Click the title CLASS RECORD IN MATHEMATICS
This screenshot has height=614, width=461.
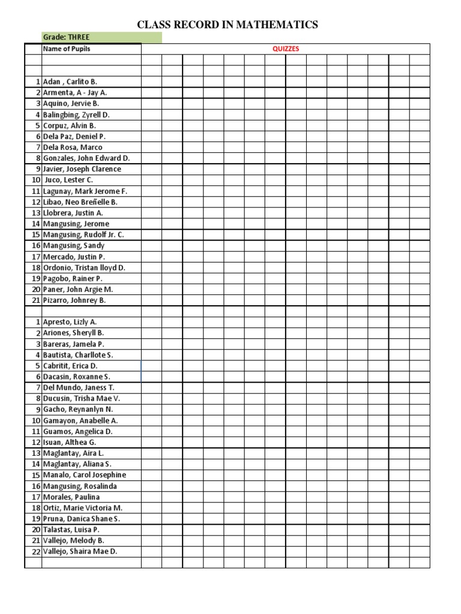tap(227, 25)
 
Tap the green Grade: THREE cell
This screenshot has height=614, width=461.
tap(101, 37)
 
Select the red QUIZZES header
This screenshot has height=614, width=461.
tap(286, 49)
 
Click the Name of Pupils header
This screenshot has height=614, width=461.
tap(67, 49)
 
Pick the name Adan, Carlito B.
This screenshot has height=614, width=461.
tap(70, 82)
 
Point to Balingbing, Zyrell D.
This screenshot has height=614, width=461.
tap(76, 115)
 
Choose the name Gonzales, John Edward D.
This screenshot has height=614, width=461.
tap(86, 158)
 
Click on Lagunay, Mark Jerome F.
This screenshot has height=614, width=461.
tap(85, 191)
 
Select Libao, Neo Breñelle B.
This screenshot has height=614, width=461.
tap(80, 202)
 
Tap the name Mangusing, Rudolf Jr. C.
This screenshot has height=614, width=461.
tap(83, 235)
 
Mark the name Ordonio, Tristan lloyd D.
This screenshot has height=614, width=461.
tap(84, 268)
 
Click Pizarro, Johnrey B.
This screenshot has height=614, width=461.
tap(74, 300)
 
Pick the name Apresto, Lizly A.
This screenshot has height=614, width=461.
tap(70, 322)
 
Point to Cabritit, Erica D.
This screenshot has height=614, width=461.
tap(70, 366)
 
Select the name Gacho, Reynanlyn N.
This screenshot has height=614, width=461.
tap(77, 410)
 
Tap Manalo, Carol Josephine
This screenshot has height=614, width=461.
tap(85, 475)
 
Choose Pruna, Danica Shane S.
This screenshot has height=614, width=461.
tap(82, 519)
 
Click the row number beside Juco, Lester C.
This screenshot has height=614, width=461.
tap(36, 180)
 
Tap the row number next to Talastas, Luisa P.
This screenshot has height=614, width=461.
tap(36, 529)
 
